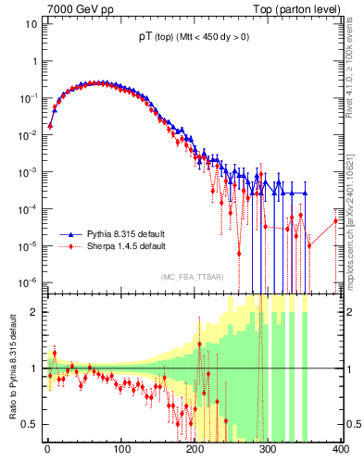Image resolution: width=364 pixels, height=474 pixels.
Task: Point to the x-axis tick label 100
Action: [121, 449]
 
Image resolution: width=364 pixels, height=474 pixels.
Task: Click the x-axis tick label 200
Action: [195, 449]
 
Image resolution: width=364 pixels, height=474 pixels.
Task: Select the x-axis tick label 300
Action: [268, 449]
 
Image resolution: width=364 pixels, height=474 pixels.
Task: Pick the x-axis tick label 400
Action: [340, 449]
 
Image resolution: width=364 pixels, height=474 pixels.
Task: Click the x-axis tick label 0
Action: [47, 449]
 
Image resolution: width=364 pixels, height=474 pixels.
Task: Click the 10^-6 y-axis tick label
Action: [30, 281]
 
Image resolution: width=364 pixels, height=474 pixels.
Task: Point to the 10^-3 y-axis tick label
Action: [30, 171]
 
